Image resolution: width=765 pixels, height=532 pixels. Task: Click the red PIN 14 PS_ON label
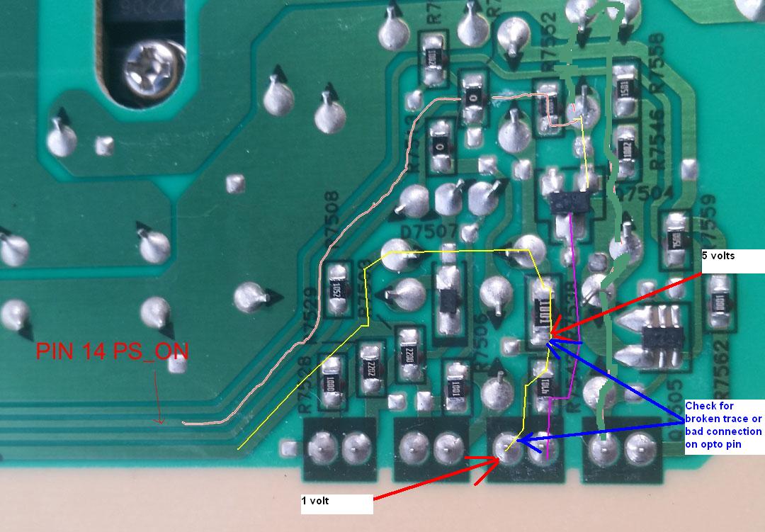[x=113, y=352]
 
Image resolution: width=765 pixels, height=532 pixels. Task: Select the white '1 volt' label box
[x=336, y=504]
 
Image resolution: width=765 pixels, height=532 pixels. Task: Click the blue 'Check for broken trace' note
[x=723, y=425]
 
